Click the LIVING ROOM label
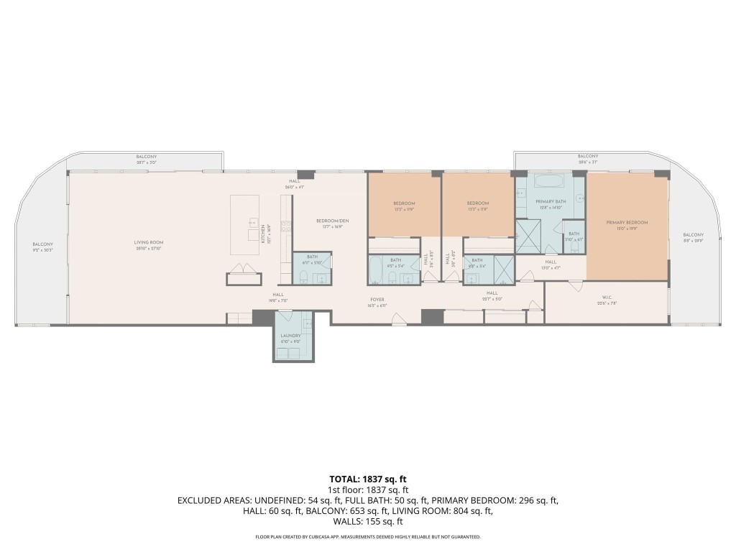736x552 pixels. pos(150,244)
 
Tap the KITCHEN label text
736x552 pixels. pos(263,232)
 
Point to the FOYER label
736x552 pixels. pos(378,300)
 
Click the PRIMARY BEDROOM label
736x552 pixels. pos(627,223)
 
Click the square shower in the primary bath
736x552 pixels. pos(528,236)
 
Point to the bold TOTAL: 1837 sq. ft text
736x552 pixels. pos(368,478)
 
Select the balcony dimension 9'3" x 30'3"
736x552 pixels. pos(42,249)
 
